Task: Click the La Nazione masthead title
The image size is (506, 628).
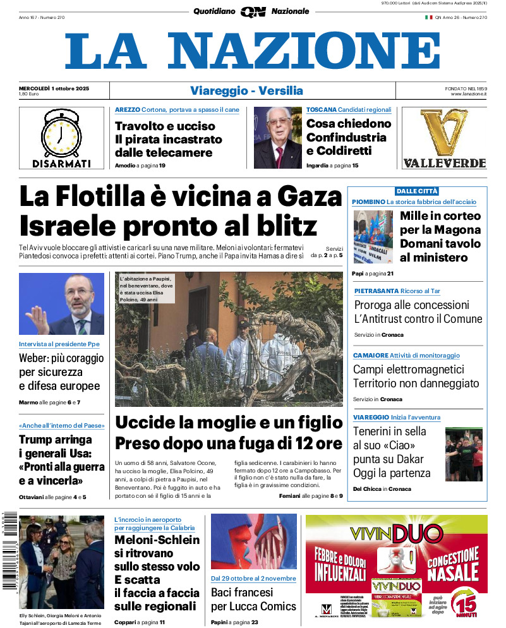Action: (x=253, y=51)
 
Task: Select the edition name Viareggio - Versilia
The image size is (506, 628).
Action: (x=246, y=91)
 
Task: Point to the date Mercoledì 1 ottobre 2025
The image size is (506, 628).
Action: (x=54, y=88)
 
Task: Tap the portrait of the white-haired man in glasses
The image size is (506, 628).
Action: (x=277, y=138)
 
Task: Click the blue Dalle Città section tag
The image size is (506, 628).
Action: (x=416, y=191)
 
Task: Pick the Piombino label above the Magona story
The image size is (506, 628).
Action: (x=369, y=202)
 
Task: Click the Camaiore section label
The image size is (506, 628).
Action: (x=371, y=356)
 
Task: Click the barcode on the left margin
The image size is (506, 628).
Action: (x=8, y=550)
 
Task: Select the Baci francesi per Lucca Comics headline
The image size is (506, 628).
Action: (x=253, y=600)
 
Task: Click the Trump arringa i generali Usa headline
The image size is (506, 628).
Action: (x=62, y=461)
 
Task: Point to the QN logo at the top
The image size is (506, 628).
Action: (x=253, y=11)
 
